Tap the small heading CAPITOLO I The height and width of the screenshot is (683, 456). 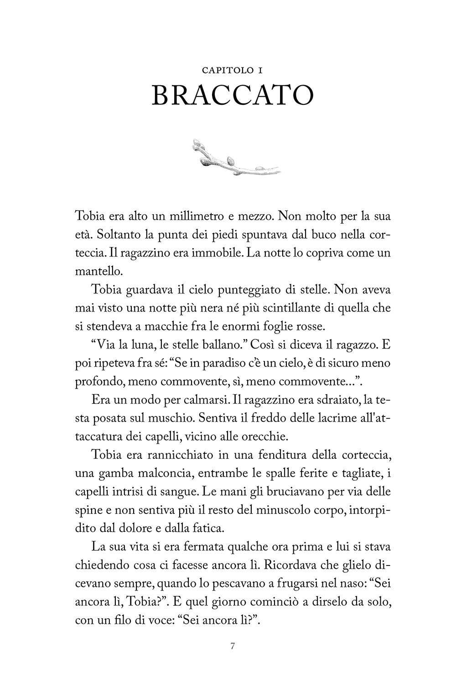tap(233, 71)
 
